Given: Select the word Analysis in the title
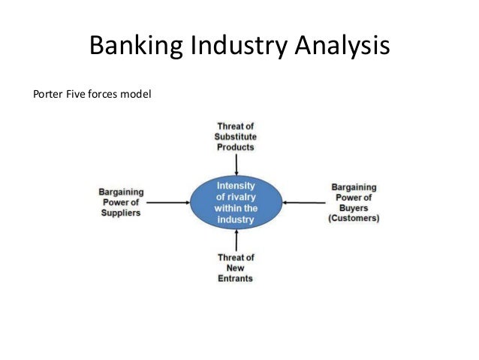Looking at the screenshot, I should [x=339, y=48].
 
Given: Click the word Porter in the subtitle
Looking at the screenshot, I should [x=47, y=95].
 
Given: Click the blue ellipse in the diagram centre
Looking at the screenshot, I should [x=236, y=202].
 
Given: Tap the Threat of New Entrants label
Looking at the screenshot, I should [x=235, y=268].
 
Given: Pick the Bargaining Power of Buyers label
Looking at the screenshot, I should [x=354, y=202].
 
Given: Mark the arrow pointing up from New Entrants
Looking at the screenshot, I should [x=236, y=241].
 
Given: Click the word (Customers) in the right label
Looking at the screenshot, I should [x=354, y=219].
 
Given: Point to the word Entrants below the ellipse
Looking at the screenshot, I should [x=235, y=278].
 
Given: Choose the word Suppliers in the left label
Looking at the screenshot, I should [x=120, y=213].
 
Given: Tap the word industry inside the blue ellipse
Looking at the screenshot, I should [x=236, y=220].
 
